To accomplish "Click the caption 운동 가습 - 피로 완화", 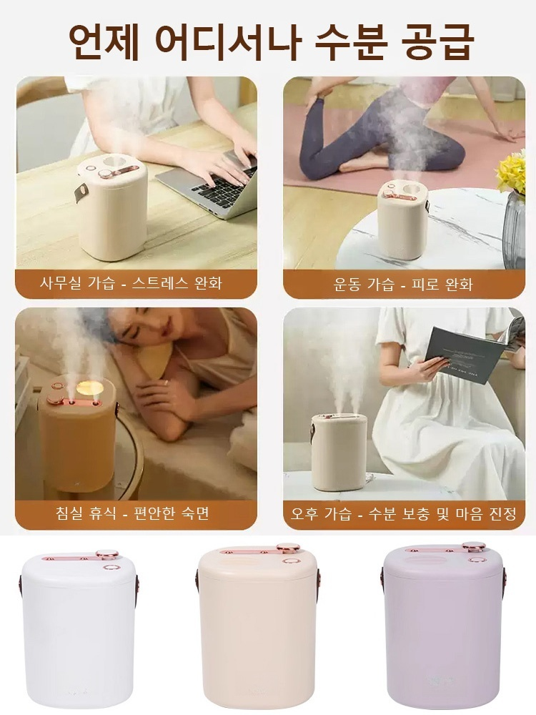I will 403,284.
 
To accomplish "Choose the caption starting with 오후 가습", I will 404,513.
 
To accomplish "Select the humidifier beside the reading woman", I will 339,450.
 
